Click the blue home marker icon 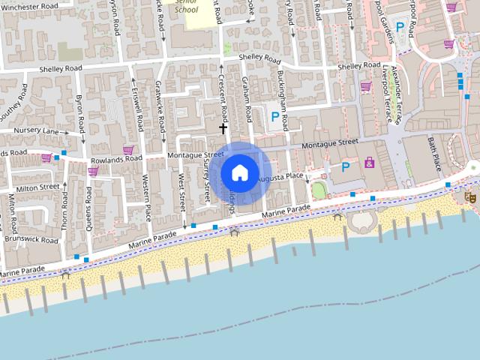240,172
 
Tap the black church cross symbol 223,129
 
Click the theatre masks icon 470,196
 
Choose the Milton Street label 37,187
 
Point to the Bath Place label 436,151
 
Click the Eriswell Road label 139,112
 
